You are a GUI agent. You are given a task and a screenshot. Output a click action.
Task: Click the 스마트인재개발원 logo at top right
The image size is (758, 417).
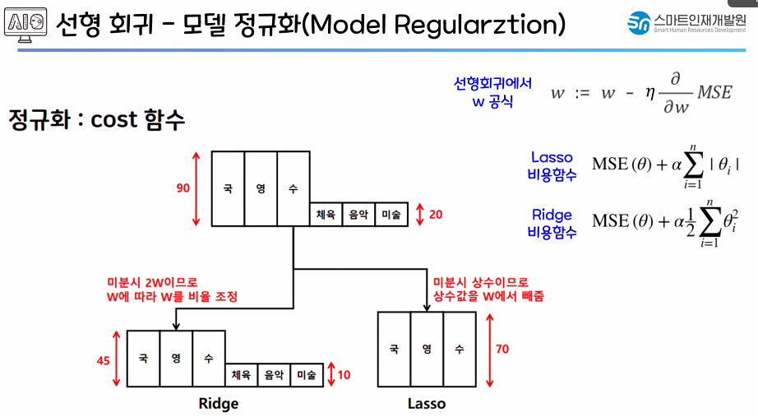[x=686, y=23]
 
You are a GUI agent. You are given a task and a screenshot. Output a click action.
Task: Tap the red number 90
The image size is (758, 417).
[x=183, y=188]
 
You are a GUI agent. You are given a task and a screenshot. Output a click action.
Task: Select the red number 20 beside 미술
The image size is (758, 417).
[x=436, y=215]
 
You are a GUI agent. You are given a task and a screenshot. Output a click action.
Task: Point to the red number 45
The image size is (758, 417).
[x=104, y=359]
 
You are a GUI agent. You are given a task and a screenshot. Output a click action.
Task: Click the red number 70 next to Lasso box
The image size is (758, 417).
[x=501, y=349]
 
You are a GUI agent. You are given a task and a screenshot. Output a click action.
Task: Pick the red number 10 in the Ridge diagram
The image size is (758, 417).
[x=344, y=375]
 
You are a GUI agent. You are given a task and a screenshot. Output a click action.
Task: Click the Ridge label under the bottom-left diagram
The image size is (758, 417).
[x=219, y=404]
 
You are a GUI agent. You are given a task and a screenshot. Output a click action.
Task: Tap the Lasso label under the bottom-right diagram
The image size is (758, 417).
[x=427, y=404]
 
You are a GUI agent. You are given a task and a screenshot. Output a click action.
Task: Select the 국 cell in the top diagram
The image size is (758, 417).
[x=228, y=188]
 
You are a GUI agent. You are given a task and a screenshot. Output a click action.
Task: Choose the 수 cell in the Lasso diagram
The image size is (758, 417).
[x=460, y=349]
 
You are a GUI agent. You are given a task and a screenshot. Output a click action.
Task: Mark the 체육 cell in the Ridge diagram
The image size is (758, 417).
[x=241, y=375]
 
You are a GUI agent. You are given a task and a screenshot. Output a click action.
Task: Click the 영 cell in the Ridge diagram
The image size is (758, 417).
[x=176, y=359]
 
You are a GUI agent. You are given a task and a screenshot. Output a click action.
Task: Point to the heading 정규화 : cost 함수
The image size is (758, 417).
[x=97, y=120]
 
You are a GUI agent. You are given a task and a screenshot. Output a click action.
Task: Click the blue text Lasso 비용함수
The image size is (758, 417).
[x=552, y=166]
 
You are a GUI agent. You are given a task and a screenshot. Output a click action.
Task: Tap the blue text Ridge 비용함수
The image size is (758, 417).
[x=552, y=223]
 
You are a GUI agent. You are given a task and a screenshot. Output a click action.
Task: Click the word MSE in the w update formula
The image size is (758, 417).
[x=714, y=92]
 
